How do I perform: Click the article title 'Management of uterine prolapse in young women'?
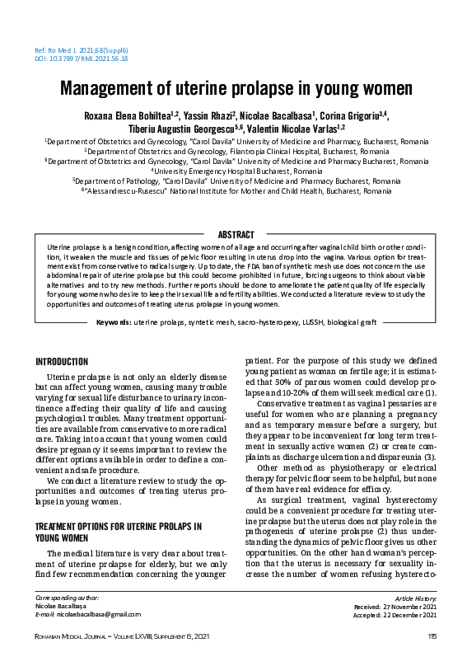(x=233, y=88)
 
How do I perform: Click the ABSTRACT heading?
(x=235, y=235)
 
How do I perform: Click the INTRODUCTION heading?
(x=62, y=361)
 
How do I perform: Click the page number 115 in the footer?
(x=432, y=636)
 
